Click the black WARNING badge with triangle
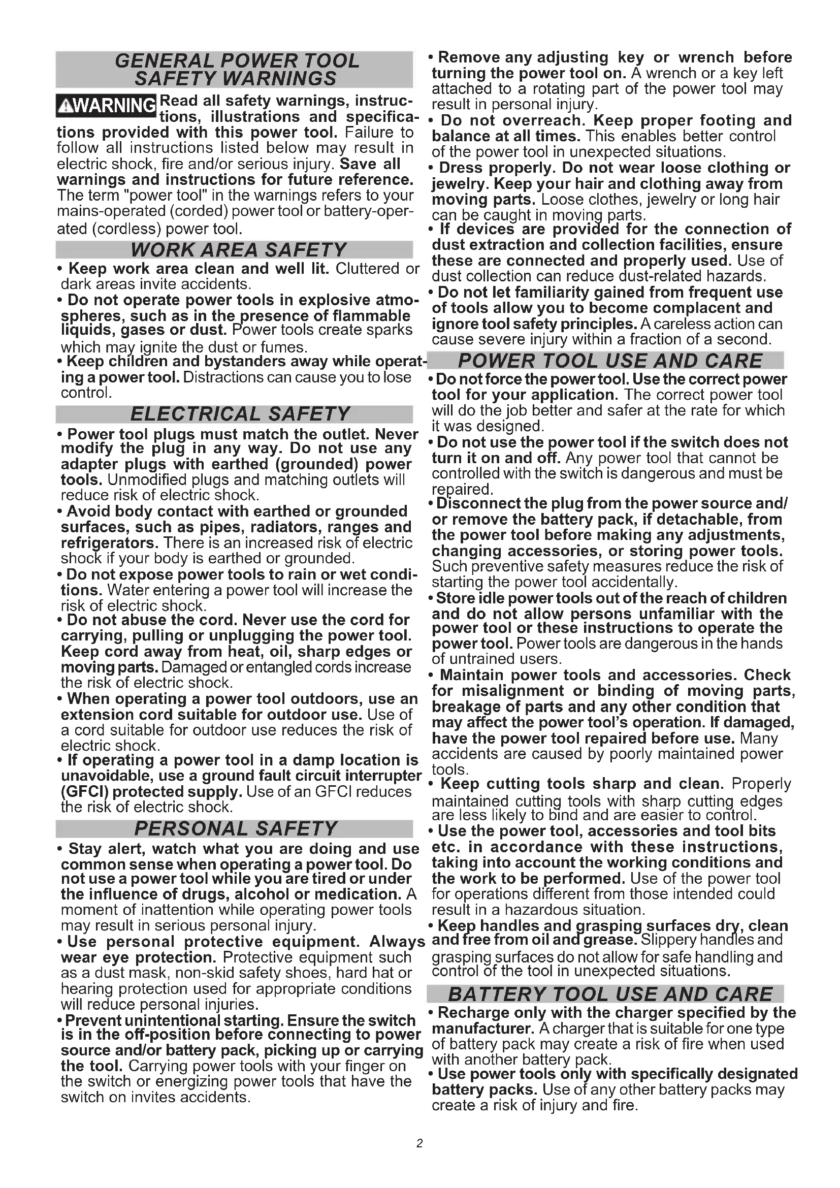pyautogui.click(x=106, y=106)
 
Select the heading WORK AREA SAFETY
pyautogui.click(x=239, y=250)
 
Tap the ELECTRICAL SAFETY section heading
pyautogui.click(x=240, y=414)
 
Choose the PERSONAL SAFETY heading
pyautogui.click(x=235, y=828)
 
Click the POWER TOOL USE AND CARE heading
pyautogui.click(x=610, y=361)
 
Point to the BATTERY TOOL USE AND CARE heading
pyautogui.click(x=610, y=994)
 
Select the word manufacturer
pyautogui.click(x=482, y=1028)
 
